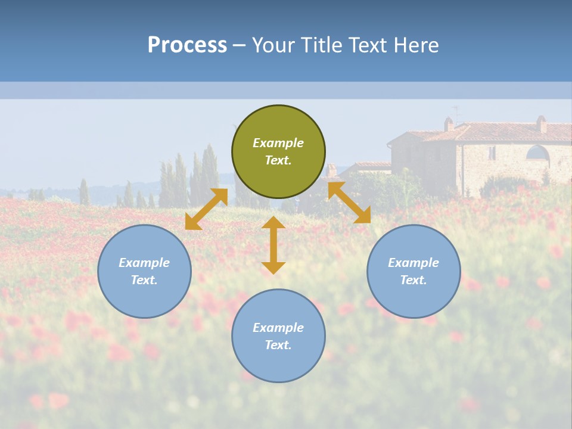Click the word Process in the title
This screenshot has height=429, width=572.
pyautogui.click(x=187, y=45)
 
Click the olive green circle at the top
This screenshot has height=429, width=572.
pyautogui.click(x=278, y=152)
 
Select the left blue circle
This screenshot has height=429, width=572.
pyautogui.click(x=144, y=271)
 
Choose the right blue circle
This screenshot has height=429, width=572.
pyautogui.click(x=414, y=271)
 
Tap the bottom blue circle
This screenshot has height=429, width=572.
pyautogui.click(x=278, y=336)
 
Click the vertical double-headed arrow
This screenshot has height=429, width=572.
pyautogui.click(x=273, y=245)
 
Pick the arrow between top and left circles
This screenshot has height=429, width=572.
pyautogui.click(x=206, y=209)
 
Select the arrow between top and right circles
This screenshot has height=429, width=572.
pyautogui.click(x=349, y=203)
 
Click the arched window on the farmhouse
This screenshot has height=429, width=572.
pyautogui.click(x=537, y=153)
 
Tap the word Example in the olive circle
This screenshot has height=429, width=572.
pyautogui.click(x=278, y=143)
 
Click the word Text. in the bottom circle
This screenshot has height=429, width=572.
pyautogui.click(x=278, y=345)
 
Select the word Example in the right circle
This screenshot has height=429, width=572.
pyautogui.click(x=414, y=263)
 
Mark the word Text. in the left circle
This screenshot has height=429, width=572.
pyautogui.click(x=144, y=280)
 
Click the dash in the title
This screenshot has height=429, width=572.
pyautogui.click(x=239, y=45)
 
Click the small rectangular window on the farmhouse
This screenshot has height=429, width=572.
pyautogui.click(x=492, y=153)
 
